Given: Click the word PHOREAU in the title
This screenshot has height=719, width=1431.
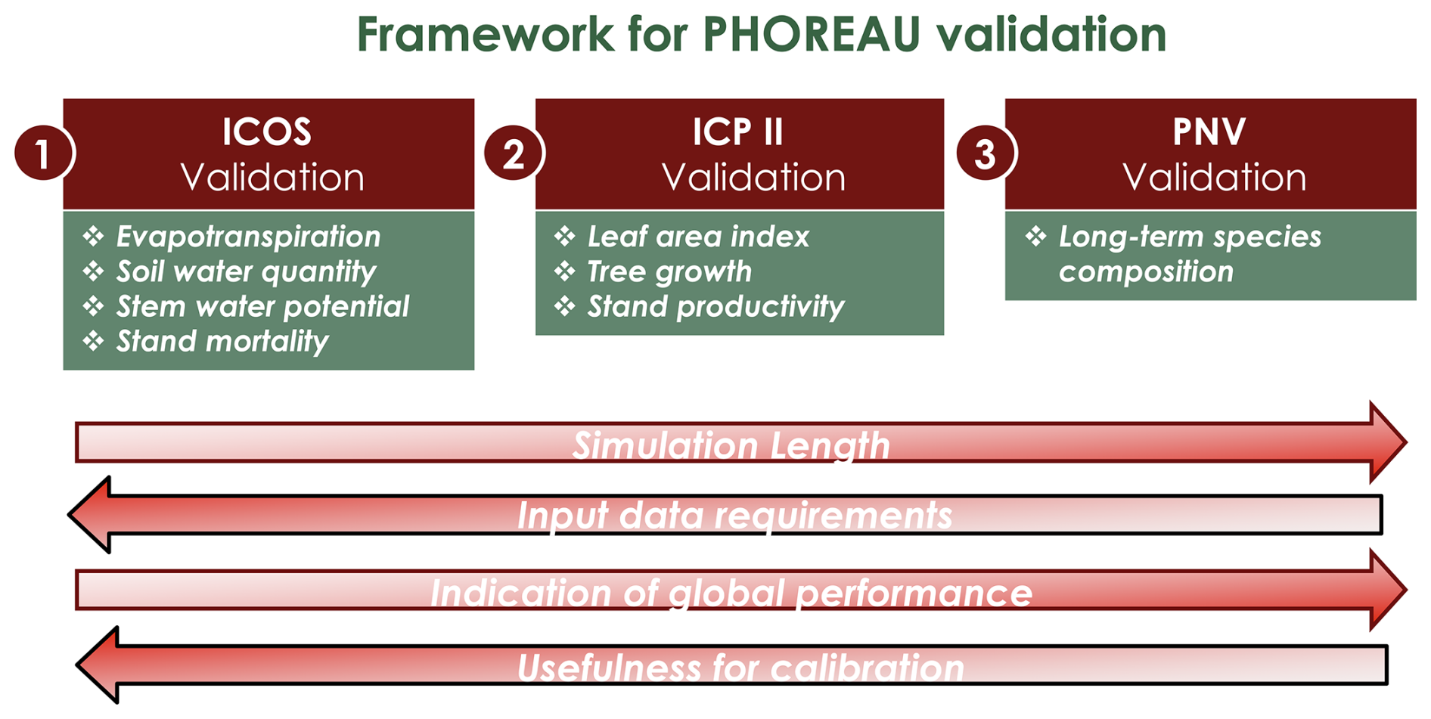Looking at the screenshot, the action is tap(811, 34).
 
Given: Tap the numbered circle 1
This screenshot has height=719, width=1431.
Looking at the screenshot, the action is tap(43, 153).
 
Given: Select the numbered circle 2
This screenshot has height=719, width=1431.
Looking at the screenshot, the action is tap(514, 153).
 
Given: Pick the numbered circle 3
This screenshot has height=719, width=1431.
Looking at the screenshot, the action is tap(986, 153).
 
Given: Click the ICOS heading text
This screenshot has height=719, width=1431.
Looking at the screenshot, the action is tap(267, 132).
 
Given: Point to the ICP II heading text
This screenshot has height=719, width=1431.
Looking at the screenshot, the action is tap(738, 132).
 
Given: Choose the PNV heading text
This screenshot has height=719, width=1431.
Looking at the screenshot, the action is tap(1209, 132).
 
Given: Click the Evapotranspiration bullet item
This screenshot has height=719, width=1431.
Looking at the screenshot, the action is tap(248, 237).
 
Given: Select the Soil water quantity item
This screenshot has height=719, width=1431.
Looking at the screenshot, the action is tap(246, 271).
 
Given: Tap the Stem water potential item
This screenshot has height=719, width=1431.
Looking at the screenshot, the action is tap(262, 306).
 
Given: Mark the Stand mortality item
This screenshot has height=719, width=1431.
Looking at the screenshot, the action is tap(222, 341).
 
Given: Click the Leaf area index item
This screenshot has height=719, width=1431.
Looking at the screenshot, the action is tap(698, 237).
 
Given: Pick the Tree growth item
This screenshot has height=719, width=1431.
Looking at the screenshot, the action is tap(669, 271).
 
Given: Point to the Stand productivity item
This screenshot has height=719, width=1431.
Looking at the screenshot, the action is tap(715, 306).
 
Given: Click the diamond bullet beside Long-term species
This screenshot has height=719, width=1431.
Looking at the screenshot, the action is tap(1036, 237).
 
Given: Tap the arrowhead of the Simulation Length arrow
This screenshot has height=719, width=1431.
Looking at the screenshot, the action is tap(1388, 442).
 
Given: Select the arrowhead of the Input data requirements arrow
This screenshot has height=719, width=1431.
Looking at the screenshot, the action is tap(89, 515).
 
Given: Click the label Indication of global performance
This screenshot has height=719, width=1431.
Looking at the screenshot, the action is tap(731, 593).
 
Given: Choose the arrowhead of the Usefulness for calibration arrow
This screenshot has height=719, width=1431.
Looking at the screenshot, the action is tap(98, 665).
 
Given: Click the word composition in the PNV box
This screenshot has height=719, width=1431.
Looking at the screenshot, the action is tap(1146, 271).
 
